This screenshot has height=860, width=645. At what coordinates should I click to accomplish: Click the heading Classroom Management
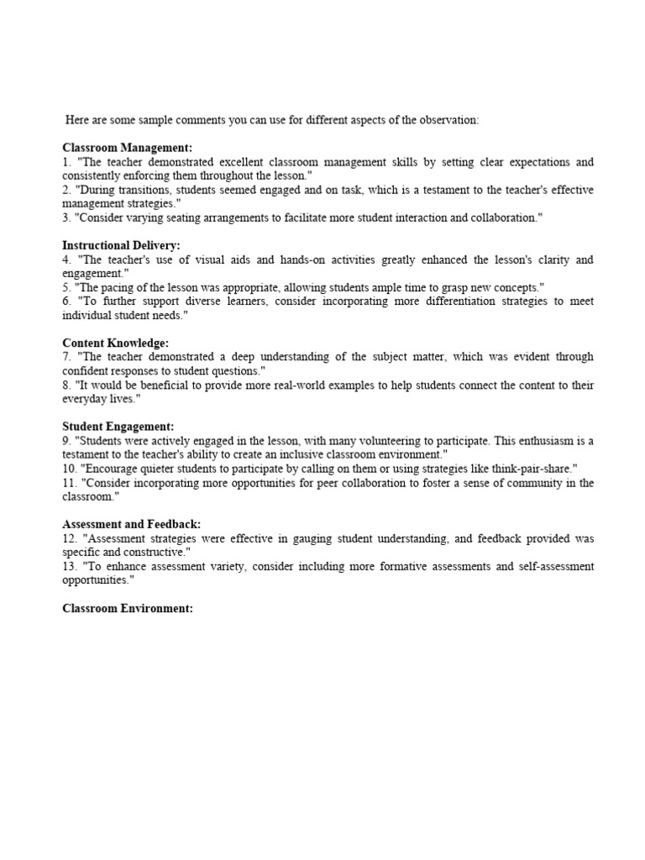pos(128,148)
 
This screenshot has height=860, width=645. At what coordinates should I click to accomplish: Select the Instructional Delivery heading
pos(121,245)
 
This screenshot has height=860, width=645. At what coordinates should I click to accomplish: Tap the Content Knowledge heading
pos(116,343)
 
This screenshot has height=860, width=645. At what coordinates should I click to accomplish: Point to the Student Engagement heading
pos(118,427)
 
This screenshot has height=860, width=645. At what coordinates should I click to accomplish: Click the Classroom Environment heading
pos(128,608)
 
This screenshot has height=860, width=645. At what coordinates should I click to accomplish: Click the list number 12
pos(69,538)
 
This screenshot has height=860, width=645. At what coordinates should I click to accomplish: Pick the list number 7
pos(66,357)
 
